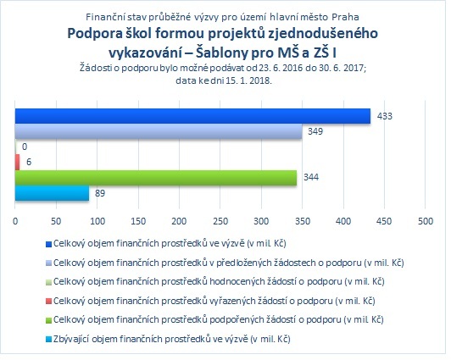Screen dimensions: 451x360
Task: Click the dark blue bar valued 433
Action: [192, 116]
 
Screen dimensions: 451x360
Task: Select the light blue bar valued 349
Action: [159, 131]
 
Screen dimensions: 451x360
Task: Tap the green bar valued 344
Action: [156, 178]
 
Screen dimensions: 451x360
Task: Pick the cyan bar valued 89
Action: [52, 193]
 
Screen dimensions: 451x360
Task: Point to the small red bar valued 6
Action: [17, 163]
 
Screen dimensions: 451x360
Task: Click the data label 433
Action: [385, 116]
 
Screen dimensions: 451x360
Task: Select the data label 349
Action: [315, 131]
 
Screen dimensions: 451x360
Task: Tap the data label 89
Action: [100, 193]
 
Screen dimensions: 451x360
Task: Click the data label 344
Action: [311, 177]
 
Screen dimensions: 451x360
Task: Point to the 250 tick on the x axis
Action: [220, 221]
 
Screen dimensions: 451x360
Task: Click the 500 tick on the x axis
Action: [426, 221]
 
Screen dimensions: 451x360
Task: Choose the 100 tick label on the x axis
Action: [97, 221]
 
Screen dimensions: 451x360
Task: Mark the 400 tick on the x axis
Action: [343, 221]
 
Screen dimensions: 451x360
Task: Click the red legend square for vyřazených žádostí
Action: [48, 301]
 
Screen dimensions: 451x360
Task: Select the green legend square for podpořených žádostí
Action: [48, 320]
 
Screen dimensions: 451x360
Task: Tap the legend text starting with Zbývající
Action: [172, 340]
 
